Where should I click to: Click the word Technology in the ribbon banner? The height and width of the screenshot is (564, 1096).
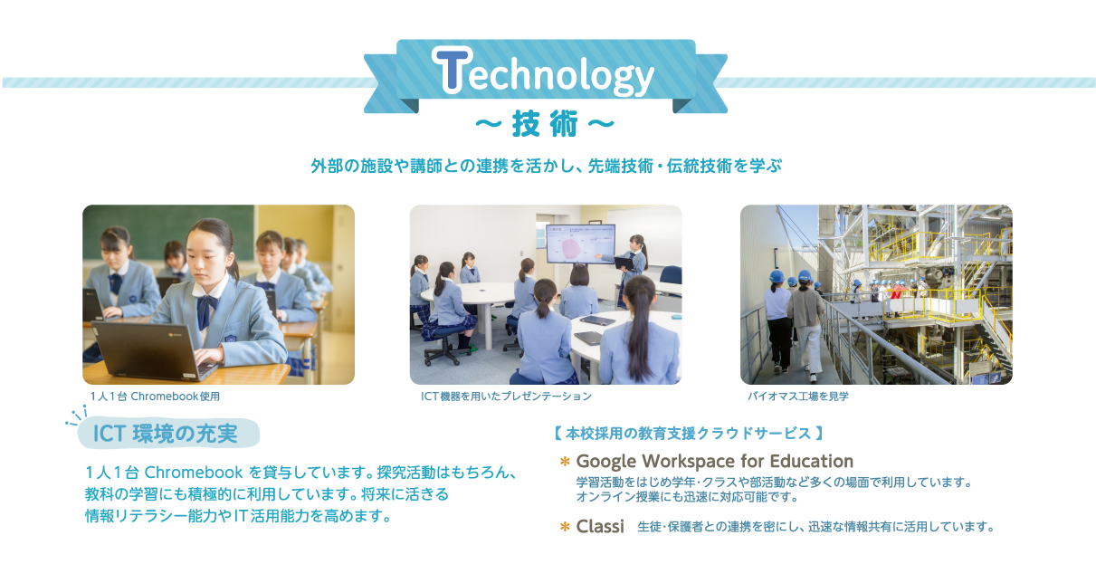coord(543,72)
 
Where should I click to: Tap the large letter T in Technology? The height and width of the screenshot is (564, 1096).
coord(452,69)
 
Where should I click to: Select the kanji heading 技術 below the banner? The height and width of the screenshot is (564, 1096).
coord(545,124)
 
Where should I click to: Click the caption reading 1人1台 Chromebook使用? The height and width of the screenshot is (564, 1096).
coord(155,397)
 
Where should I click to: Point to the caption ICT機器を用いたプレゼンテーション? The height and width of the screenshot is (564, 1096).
coord(506,397)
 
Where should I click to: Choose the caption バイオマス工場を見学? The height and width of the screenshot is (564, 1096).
coord(797,397)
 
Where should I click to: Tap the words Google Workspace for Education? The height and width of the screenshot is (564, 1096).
coord(714,461)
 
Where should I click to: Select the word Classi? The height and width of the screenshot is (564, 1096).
coord(600,526)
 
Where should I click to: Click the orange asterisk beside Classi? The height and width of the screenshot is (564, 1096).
coord(565,527)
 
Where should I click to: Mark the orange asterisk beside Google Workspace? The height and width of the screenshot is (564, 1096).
coord(565,462)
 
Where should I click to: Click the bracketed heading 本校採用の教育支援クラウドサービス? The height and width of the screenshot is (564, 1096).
coord(689,434)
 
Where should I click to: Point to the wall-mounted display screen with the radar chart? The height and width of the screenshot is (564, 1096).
coord(580,244)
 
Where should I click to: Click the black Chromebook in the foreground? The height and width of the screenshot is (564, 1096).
coord(154,349)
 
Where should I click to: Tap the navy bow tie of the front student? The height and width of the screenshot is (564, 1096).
coord(206,309)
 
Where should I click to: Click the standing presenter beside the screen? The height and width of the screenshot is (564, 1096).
coord(632,268)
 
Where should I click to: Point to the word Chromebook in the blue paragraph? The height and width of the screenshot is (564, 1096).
coord(194,473)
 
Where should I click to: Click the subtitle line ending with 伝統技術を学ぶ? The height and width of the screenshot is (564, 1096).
coord(546,166)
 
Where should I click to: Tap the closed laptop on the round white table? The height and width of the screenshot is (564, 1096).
coord(597,320)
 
